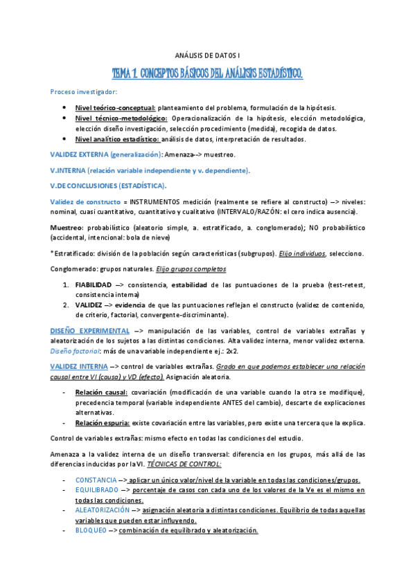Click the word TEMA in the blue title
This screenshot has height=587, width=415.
tap(125, 72)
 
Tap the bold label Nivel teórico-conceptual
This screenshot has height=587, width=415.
tap(115, 108)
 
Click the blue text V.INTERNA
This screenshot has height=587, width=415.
tap(67, 170)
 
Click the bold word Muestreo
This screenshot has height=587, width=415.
tap(67, 227)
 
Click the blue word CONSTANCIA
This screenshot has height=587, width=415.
tap(96, 480)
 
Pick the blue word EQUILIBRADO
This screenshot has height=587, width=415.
tap(98, 490)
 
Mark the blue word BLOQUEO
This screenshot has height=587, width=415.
tap(90, 530)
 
